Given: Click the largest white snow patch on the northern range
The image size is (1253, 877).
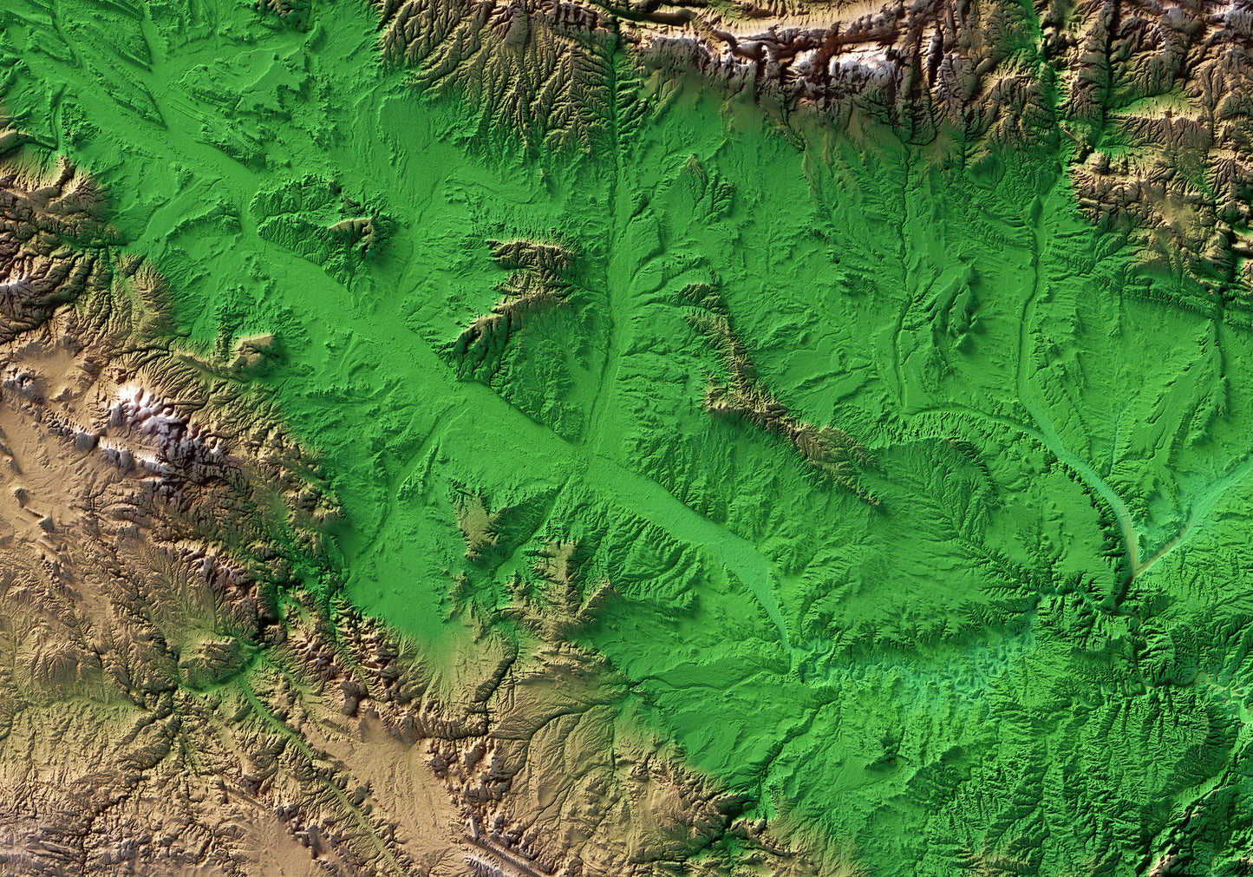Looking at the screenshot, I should [x=854, y=62].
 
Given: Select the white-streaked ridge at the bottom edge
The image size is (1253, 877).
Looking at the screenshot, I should [x=494, y=854].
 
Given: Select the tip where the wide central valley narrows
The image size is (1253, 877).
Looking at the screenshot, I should [x=780, y=625].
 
